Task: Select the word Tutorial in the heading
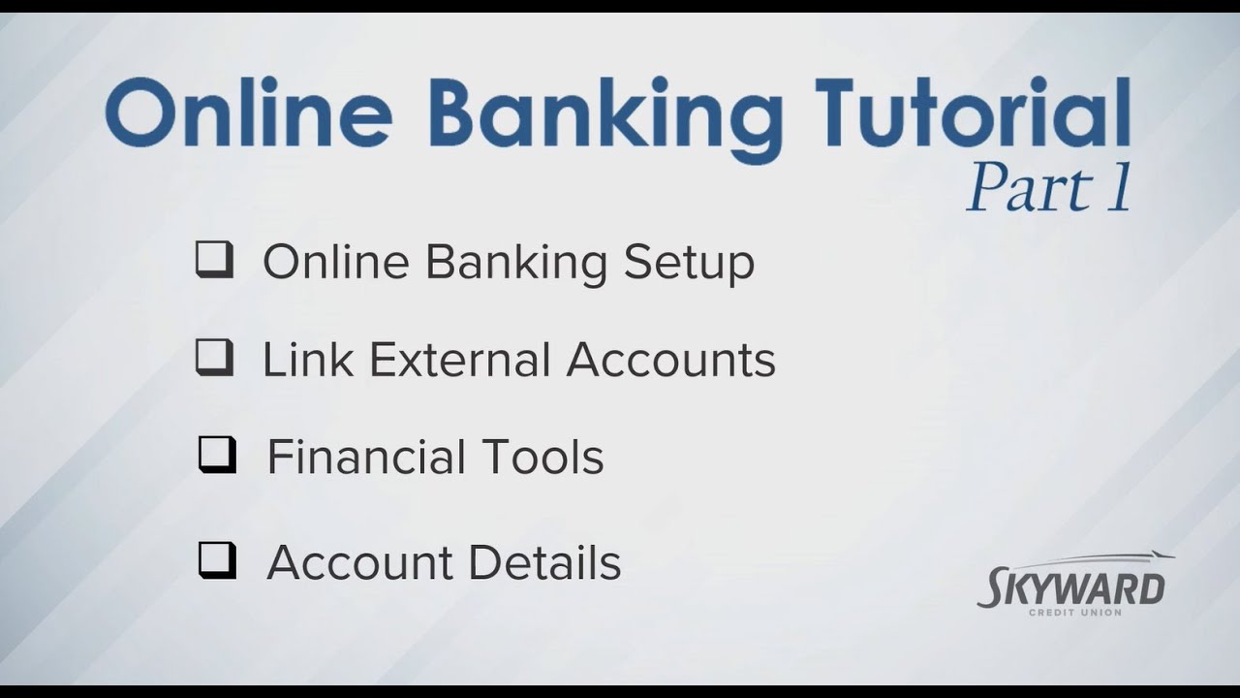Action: (972, 113)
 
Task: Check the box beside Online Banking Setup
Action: (214, 261)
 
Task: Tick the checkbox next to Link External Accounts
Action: (214, 358)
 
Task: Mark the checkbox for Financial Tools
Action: (217, 455)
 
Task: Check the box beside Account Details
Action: (217, 560)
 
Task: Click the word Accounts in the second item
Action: (671, 359)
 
